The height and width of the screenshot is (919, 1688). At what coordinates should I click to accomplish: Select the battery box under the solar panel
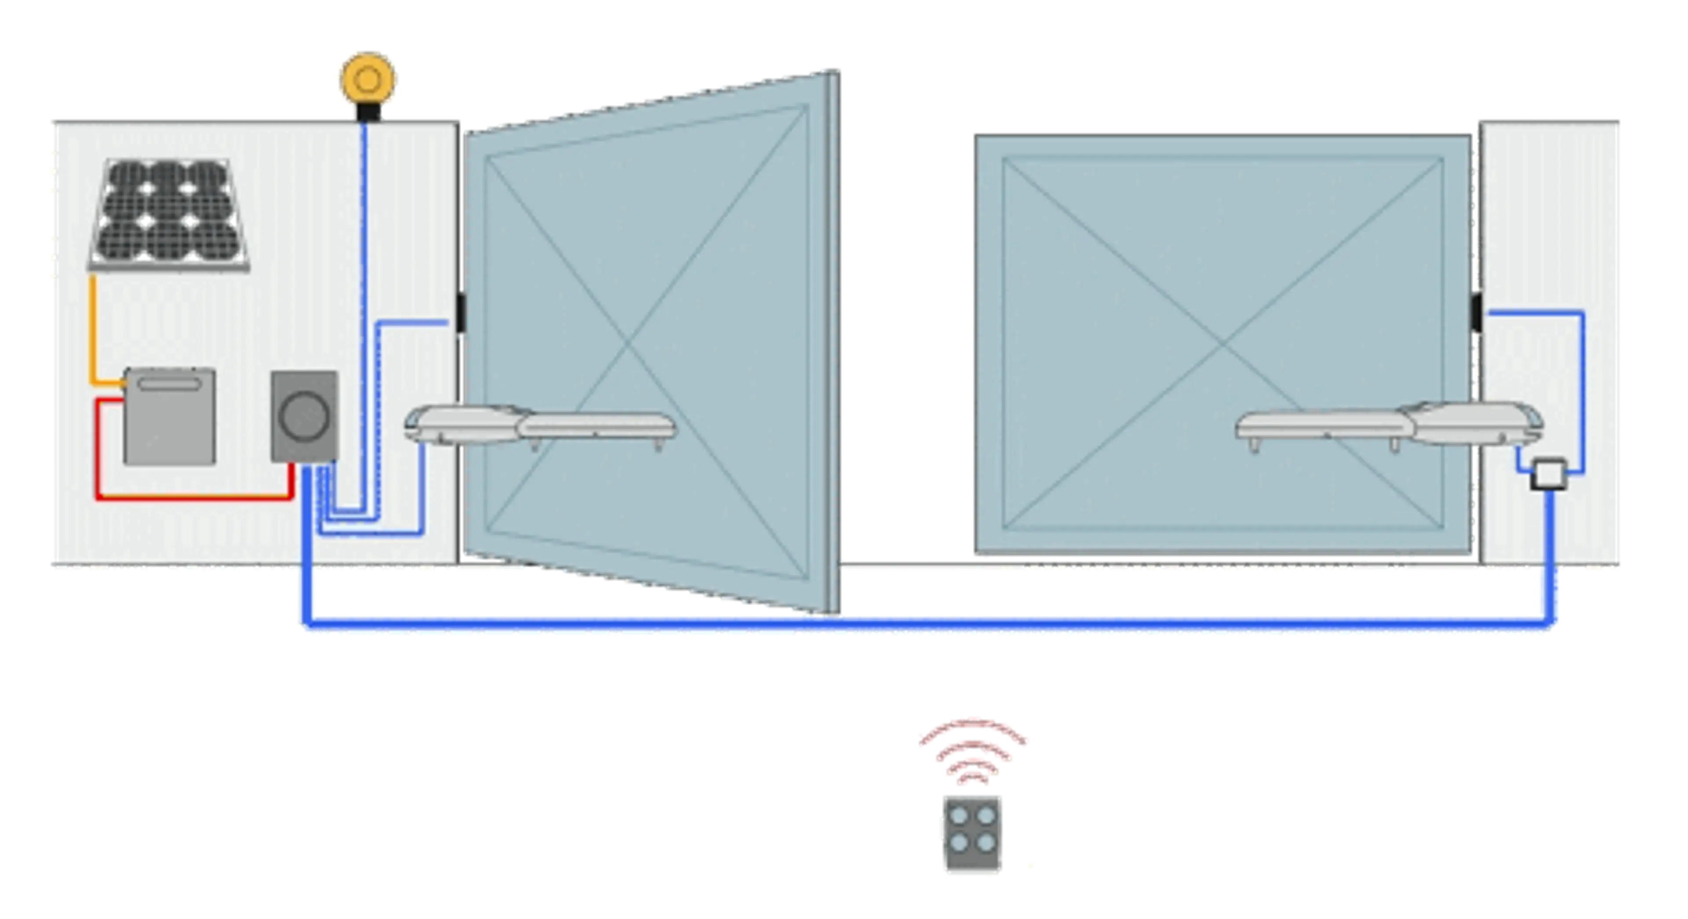(170, 416)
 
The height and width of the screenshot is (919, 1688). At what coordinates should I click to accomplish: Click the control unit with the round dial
(305, 416)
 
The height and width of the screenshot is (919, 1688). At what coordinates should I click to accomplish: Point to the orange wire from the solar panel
(93, 328)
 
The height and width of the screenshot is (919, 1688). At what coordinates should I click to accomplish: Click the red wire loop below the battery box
(194, 498)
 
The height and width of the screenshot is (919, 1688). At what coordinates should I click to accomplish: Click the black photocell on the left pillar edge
(461, 313)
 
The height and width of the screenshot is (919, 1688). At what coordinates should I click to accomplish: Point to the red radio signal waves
(974, 747)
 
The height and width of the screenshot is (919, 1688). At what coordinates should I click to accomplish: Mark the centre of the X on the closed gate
(1223, 343)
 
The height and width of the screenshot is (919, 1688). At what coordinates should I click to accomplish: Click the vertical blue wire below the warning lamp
(364, 262)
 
